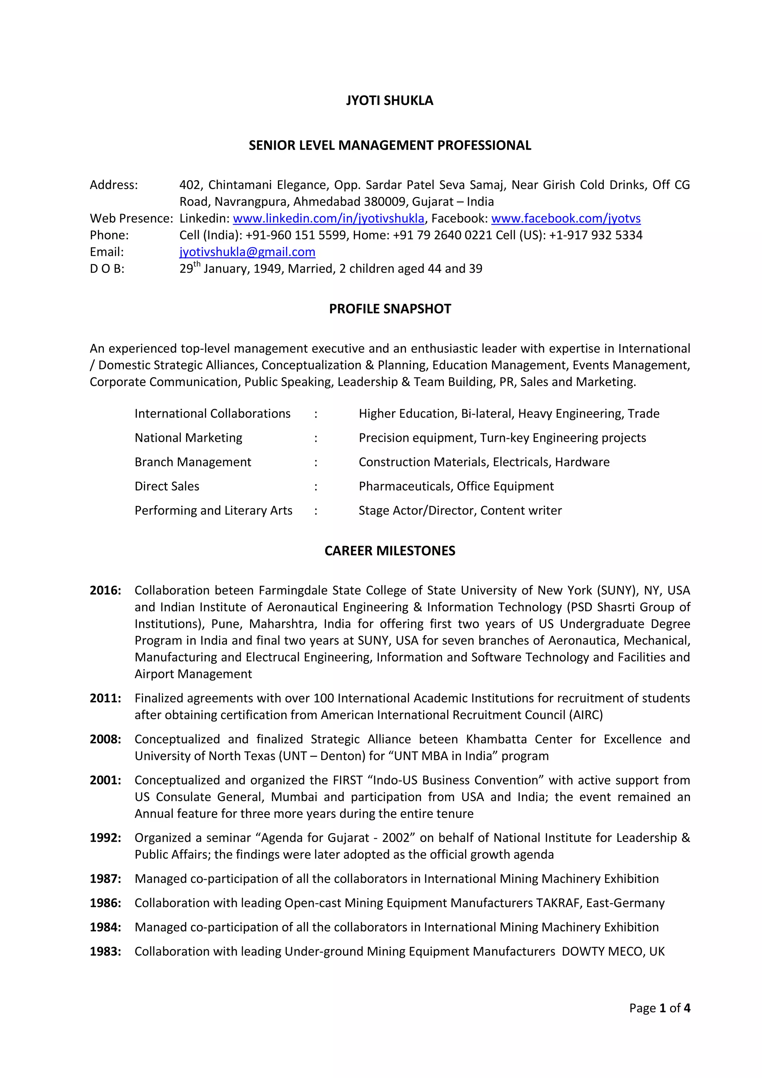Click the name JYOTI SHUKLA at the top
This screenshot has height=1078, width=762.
click(390, 101)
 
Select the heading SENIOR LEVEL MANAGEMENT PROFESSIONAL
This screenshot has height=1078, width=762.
click(390, 146)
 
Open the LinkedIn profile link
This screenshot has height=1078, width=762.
click(329, 219)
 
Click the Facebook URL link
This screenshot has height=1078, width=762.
click(566, 219)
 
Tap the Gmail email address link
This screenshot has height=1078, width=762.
click(247, 252)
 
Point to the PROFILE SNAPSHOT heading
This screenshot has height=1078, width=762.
click(390, 309)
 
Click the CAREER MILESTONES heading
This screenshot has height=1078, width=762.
click(390, 551)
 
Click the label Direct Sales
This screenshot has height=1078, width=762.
click(167, 487)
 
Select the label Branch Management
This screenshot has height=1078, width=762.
click(193, 462)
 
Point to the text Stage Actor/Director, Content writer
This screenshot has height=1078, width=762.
click(460, 510)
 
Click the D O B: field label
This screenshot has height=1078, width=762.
click(107, 269)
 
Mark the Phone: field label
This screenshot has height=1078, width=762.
click(109, 235)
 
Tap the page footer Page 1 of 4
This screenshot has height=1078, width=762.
click(659, 1008)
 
